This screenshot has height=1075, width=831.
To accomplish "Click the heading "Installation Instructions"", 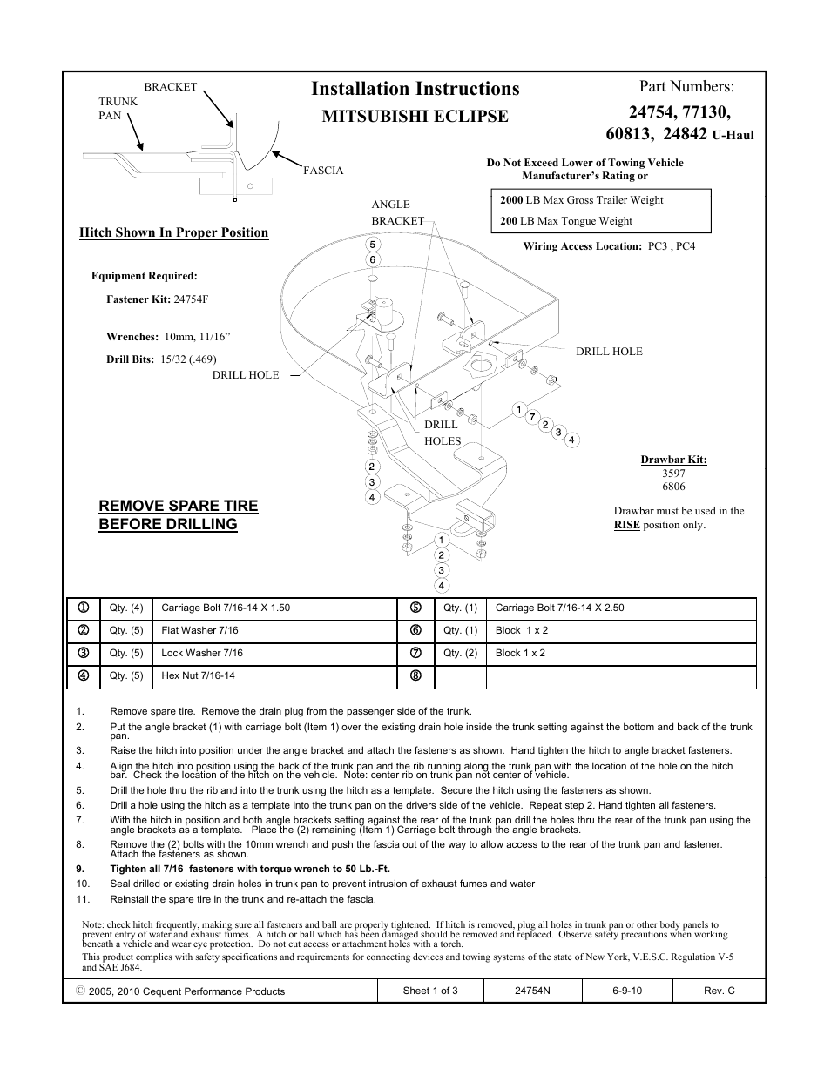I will pyautogui.click(x=415, y=89).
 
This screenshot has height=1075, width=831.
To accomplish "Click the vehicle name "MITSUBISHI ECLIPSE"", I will pyautogui.click(x=415, y=117).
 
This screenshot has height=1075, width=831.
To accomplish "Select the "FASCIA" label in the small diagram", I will pyautogui.click(x=323, y=171).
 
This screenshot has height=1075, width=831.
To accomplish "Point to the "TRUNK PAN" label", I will pyautogui.click(x=118, y=108).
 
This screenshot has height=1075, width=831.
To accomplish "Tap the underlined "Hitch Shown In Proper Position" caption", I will pyautogui.click(x=173, y=232).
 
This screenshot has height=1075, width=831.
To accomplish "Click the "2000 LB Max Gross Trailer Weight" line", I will pyautogui.click(x=581, y=200).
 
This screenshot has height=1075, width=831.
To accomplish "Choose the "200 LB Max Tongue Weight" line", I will pyautogui.click(x=565, y=221).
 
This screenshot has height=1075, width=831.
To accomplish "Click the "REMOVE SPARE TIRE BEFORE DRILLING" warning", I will pyautogui.click(x=178, y=515).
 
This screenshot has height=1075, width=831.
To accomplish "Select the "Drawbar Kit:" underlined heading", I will pyautogui.click(x=673, y=460).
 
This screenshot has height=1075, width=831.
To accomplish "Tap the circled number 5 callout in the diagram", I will pyautogui.click(x=372, y=245).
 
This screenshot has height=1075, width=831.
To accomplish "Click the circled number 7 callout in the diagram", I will pyautogui.click(x=531, y=417).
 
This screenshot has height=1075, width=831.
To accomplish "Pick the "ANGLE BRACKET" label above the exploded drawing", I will pyautogui.click(x=396, y=212).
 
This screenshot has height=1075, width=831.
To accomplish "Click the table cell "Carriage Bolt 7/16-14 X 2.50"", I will pyautogui.click(x=559, y=608).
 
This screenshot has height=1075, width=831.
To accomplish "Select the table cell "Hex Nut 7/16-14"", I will pyautogui.click(x=198, y=675).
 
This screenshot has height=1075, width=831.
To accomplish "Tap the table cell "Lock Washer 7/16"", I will pyautogui.click(x=202, y=653).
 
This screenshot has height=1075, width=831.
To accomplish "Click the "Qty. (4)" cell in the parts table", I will pyautogui.click(x=126, y=608).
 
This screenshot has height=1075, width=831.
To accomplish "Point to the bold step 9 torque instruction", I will pyautogui.click(x=249, y=869).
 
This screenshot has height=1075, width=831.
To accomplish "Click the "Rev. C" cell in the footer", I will pyautogui.click(x=719, y=991).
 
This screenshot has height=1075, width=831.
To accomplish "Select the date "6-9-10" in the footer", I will pyautogui.click(x=626, y=991).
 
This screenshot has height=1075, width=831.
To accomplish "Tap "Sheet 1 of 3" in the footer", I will pyautogui.click(x=430, y=991).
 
